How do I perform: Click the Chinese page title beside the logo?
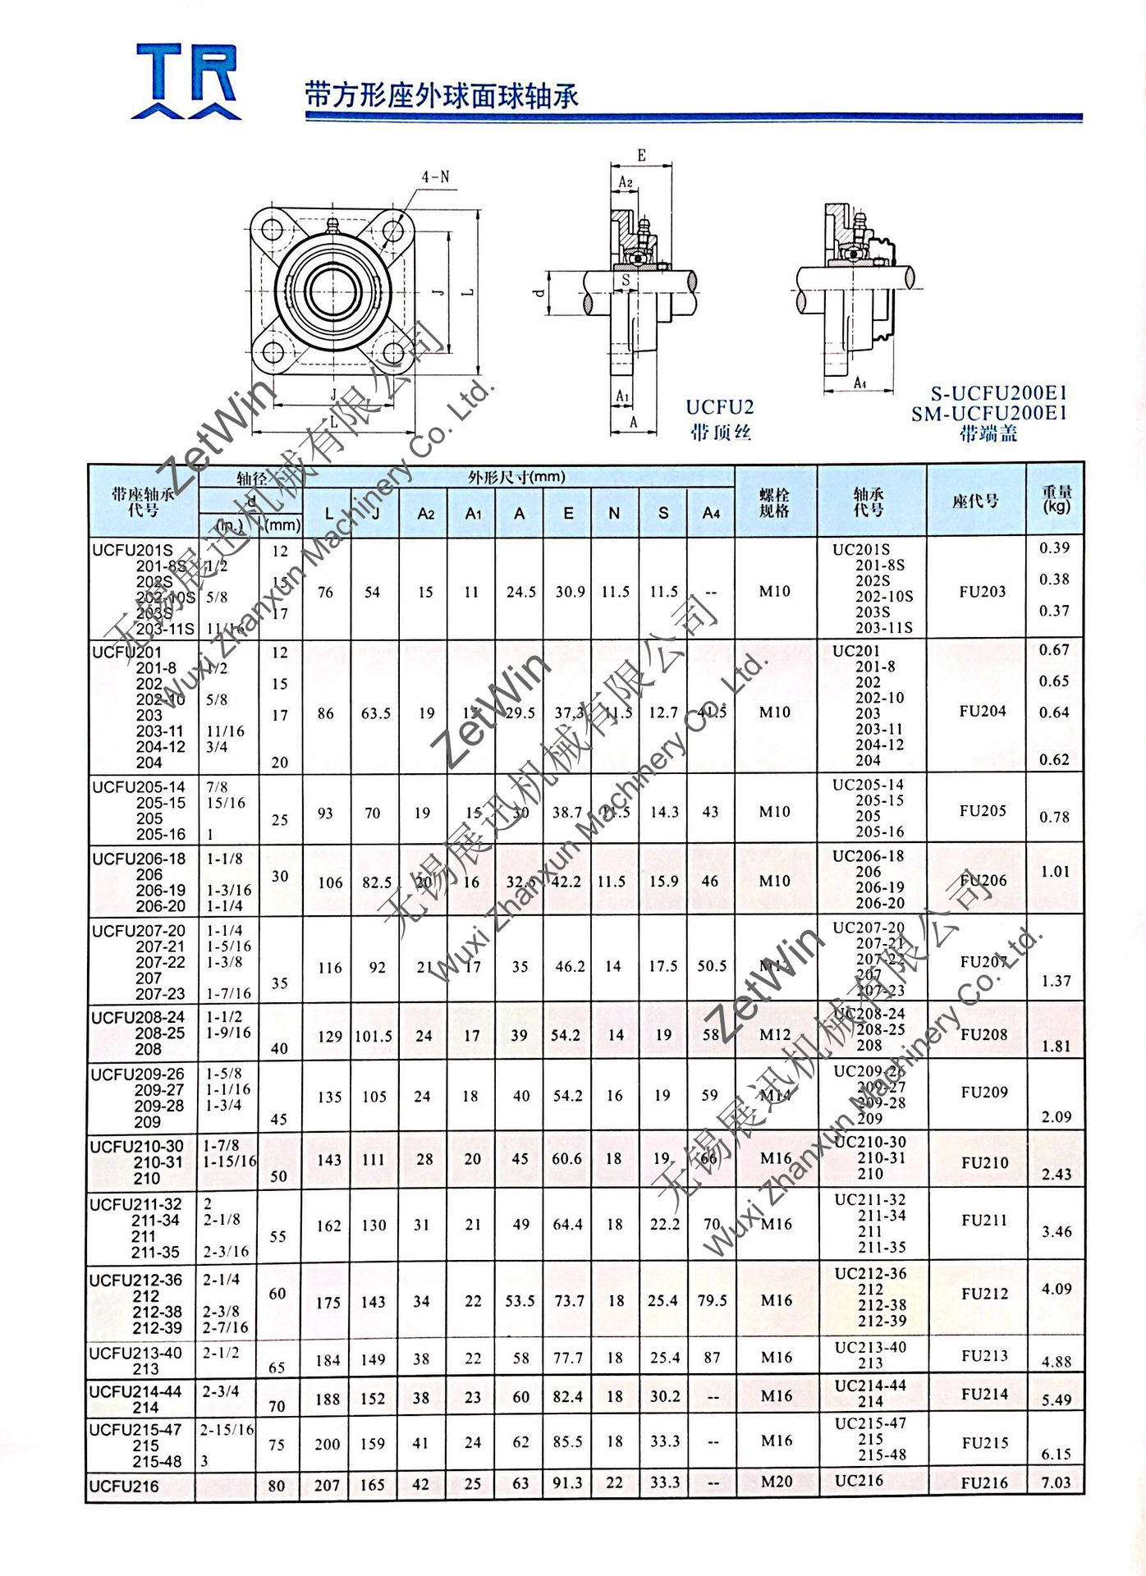click(x=442, y=96)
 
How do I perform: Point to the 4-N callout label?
click(x=435, y=176)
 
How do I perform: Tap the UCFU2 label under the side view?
click(x=720, y=407)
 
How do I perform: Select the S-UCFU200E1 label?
click(x=998, y=393)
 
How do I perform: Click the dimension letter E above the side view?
click(x=641, y=155)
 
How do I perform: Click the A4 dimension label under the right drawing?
click(x=859, y=383)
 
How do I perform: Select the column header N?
click(x=614, y=513)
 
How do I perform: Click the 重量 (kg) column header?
click(x=1057, y=499)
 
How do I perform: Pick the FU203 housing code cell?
click(x=982, y=591)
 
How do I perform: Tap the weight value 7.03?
click(x=1057, y=1482)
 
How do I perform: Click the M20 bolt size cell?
click(x=777, y=1482)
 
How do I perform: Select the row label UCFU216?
click(x=124, y=1486)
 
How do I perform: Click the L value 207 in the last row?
click(x=327, y=1485)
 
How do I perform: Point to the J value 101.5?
click(x=374, y=1036)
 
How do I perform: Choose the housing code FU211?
click(x=984, y=1220)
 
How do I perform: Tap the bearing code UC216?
click(x=859, y=1481)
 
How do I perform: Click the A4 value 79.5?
click(x=712, y=1300)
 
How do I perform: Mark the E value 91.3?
click(x=567, y=1483)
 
